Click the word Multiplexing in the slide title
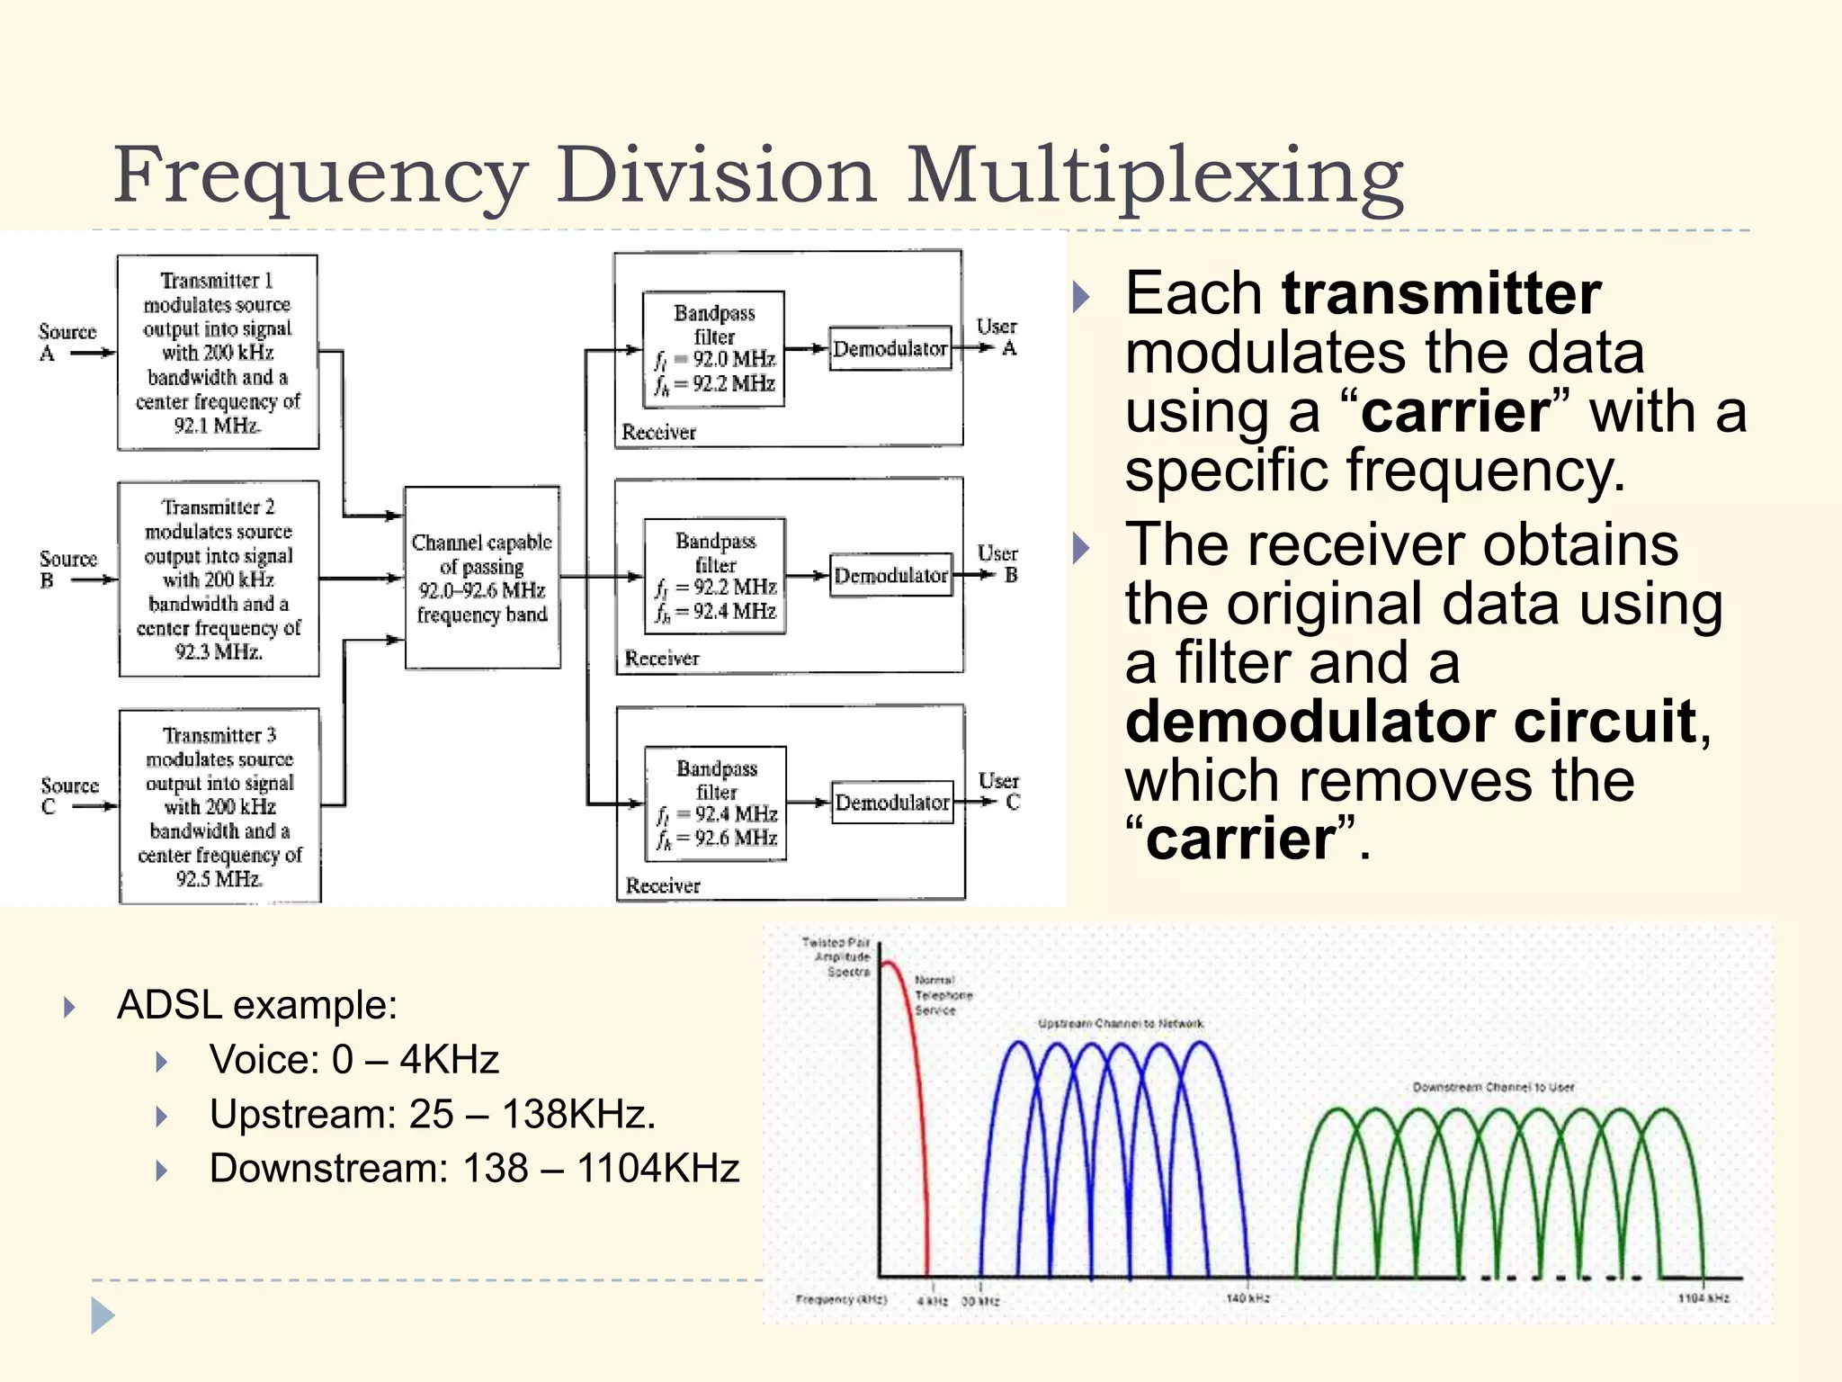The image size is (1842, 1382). (x=1155, y=176)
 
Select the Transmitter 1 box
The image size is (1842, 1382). (x=218, y=352)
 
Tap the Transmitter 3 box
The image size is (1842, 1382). (x=219, y=806)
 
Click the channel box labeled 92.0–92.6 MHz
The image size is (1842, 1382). (x=482, y=578)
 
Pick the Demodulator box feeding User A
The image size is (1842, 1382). (x=890, y=348)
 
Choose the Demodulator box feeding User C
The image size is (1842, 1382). (x=892, y=802)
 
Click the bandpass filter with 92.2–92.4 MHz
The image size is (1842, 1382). (x=715, y=576)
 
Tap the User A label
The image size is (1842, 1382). (x=997, y=337)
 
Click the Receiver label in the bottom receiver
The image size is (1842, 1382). (x=663, y=885)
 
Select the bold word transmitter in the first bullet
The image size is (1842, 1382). (x=1441, y=293)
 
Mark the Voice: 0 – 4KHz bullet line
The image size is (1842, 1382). (x=353, y=1060)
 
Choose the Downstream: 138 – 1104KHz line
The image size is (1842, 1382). (x=474, y=1169)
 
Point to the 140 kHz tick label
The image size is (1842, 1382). (x=1248, y=1298)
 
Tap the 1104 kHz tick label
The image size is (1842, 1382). (x=1703, y=1298)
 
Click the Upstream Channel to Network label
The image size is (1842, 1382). (x=1120, y=1024)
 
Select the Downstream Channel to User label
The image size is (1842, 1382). (x=1493, y=1088)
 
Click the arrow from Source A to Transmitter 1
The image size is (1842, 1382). (x=93, y=354)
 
